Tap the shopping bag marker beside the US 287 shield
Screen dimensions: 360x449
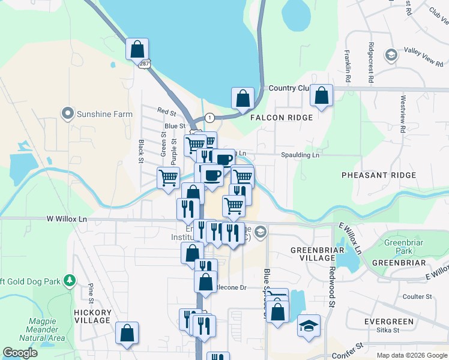(137, 49)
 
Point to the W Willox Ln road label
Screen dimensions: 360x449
(67, 220)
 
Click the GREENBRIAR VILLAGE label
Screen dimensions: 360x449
(312, 253)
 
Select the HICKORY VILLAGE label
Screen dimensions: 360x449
(92, 316)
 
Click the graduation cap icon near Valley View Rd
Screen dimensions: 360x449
(391, 56)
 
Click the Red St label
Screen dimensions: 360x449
(166, 111)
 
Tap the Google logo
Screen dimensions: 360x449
(20, 353)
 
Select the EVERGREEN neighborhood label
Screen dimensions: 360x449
(389, 322)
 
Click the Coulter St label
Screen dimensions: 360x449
(417, 296)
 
